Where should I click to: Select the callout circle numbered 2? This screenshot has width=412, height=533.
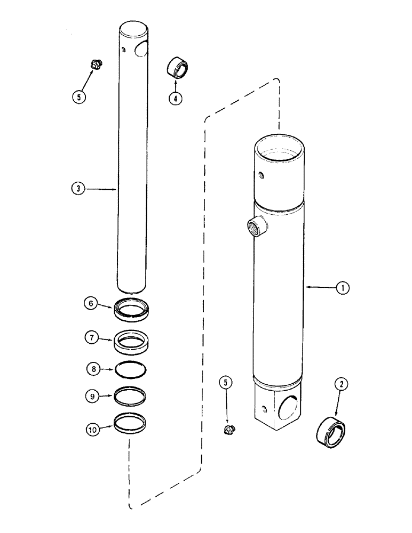pos(340,383)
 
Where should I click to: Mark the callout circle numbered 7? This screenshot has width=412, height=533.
pos(91,337)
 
